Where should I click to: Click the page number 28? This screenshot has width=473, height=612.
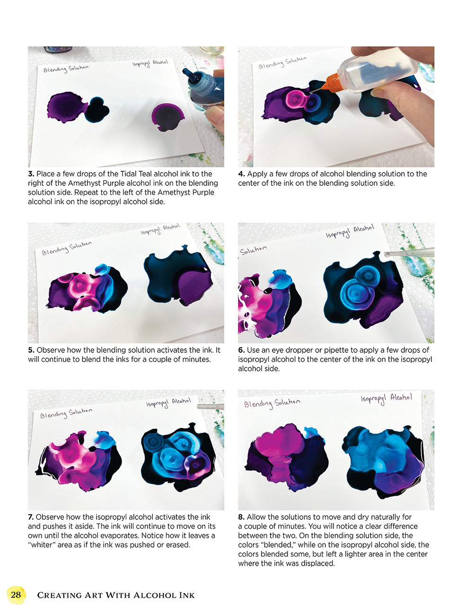click(16, 595)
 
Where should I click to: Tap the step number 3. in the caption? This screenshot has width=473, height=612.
click(31, 174)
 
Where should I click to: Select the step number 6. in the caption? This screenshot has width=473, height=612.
click(241, 350)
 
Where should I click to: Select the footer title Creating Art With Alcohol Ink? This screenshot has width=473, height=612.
click(116, 595)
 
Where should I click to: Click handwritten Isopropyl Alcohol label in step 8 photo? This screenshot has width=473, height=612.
click(386, 398)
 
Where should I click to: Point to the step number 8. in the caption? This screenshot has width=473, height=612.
click(241, 517)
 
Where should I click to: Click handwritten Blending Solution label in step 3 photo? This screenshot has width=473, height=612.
click(66, 69)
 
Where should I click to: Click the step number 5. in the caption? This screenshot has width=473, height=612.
click(31, 350)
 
